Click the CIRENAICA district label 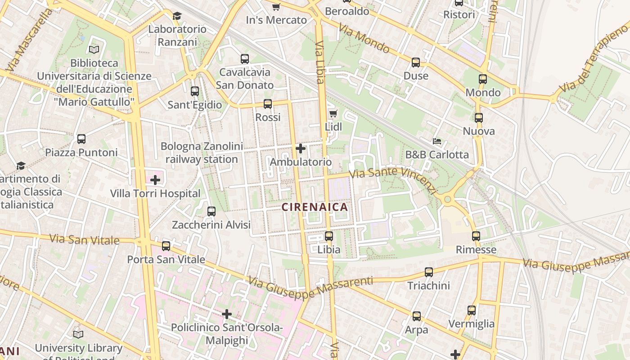coord(315,207)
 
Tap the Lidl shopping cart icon coord(333,113)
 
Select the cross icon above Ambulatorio coord(300,148)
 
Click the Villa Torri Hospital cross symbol coord(155,180)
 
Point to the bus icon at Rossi coord(268,104)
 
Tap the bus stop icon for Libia coord(329,236)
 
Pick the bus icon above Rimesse coord(476,236)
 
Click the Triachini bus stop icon coord(429,272)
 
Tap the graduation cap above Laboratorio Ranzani coord(177,16)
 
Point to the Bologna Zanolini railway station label coord(202,153)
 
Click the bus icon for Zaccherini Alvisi coord(211,211)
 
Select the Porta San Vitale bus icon coord(166,246)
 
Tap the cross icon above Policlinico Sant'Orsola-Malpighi coord(227,314)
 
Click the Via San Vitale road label coord(85,239)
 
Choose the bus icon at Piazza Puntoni coord(81,139)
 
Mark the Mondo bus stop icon coord(483,79)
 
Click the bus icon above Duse coord(416,63)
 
